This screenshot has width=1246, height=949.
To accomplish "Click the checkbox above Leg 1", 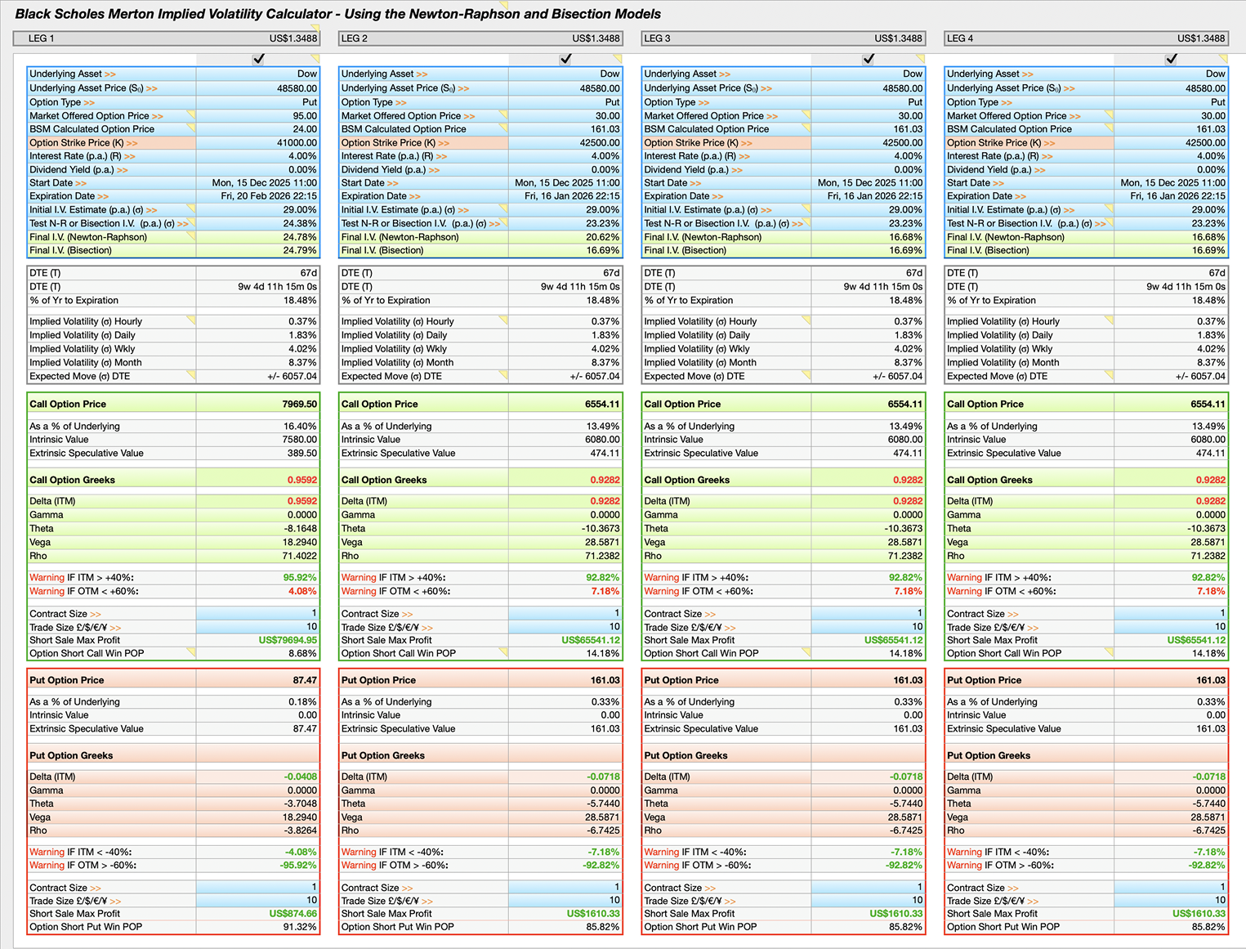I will click(x=258, y=59).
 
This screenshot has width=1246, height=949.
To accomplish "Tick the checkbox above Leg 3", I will click(x=868, y=59).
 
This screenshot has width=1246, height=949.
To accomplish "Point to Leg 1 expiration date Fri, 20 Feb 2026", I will click(x=269, y=196).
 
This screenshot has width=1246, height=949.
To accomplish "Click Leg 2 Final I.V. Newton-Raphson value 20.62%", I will click(x=603, y=237).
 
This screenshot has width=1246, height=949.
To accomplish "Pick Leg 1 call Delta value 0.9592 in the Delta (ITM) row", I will click(x=301, y=501).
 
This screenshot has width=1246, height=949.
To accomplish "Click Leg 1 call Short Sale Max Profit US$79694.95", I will click(x=288, y=640).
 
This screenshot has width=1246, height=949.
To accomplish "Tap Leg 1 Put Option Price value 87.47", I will click(x=305, y=680).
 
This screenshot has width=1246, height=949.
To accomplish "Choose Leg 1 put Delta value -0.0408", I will click(x=300, y=777).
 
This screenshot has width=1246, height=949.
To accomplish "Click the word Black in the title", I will click(x=32, y=14).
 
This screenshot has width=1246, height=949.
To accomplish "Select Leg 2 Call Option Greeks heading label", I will click(x=384, y=480).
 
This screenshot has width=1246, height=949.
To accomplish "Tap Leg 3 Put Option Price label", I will click(x=681, y=680).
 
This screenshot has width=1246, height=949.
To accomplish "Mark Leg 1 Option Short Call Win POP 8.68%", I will click(x=302, y=653).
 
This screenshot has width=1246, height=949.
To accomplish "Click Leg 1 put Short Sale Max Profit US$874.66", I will click(x=293, y=914).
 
